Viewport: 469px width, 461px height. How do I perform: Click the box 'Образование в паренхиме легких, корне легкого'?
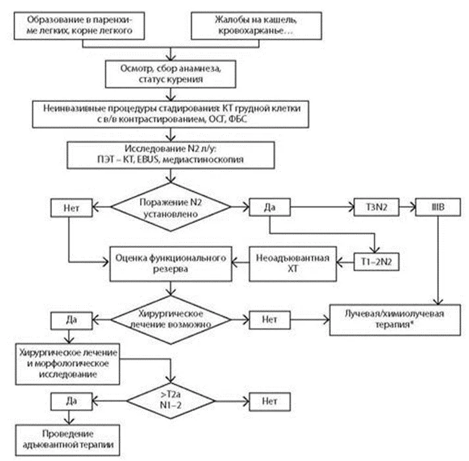80,26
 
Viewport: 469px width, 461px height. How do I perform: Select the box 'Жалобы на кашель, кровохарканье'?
257,26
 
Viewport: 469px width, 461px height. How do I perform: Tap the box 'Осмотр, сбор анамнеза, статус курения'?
170,74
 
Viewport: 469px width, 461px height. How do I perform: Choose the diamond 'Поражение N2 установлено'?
170,207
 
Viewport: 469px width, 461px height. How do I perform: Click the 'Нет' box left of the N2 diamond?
72,208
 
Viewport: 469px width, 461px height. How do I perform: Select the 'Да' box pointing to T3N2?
270,207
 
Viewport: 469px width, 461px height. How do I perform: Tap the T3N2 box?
376,207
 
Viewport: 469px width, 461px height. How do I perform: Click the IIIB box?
438,207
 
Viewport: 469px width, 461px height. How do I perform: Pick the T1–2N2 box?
376,262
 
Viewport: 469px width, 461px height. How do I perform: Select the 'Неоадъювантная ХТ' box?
293,264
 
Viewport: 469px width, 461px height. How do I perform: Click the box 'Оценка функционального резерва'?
170,264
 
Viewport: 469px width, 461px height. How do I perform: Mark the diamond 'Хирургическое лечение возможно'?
170,320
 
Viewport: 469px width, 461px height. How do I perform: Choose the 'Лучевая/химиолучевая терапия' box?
395,320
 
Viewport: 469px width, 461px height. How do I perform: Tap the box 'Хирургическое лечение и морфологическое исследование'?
68,364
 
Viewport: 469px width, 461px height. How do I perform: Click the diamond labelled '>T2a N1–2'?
170,401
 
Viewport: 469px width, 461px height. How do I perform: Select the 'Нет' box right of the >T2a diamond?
270,402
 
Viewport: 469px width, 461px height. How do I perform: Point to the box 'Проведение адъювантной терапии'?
68,440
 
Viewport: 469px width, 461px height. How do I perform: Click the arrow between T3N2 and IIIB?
407,207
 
